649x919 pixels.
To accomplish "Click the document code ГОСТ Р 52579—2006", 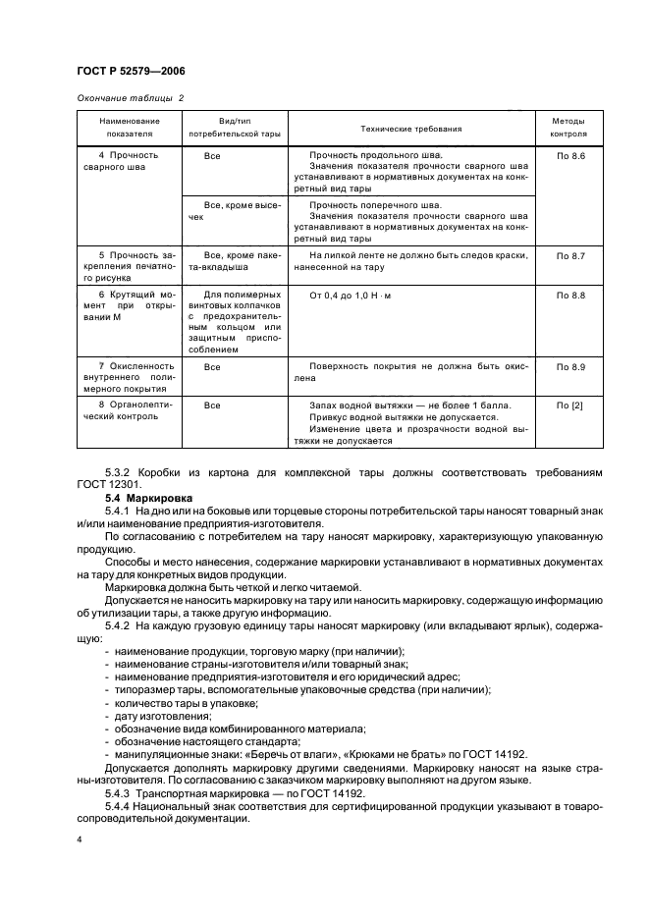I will click(131, 72).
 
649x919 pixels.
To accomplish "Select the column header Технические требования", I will click(411, 129).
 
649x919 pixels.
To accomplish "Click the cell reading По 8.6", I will click(570, 156).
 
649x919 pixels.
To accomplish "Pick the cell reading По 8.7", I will click(570, 255).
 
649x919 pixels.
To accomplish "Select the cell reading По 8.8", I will click(570, 296).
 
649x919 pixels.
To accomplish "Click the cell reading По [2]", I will click(570, 405).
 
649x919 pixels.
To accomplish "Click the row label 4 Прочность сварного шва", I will click(128, 162).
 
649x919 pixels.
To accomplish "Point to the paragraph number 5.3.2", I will click(121, 473).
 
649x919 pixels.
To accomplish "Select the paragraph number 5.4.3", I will click(121, 793).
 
